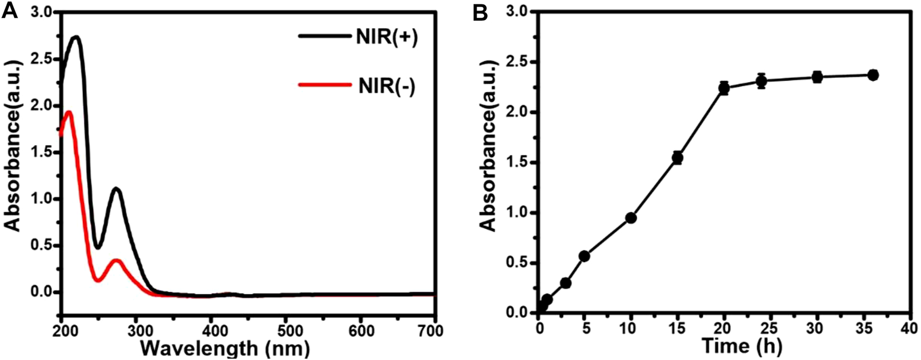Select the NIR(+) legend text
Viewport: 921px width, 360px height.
[387, 38]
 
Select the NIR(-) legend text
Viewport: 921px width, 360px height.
[387, 87]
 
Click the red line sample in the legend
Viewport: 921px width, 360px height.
[325, 85]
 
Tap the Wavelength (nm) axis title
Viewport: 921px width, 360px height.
[224, 349]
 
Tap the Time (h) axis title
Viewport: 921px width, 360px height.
[742, 346]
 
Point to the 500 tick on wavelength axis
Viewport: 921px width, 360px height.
[286, 331]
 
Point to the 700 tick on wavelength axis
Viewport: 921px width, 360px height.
[432, 331]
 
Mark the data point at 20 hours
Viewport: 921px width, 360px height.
[724, 88]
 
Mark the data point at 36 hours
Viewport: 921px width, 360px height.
[873, 75]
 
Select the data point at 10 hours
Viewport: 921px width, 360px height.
[631, 218]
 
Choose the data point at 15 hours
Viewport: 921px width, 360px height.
[677, 158]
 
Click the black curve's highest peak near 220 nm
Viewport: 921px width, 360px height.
[76, 37]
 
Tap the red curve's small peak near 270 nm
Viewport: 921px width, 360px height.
[116, 260]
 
